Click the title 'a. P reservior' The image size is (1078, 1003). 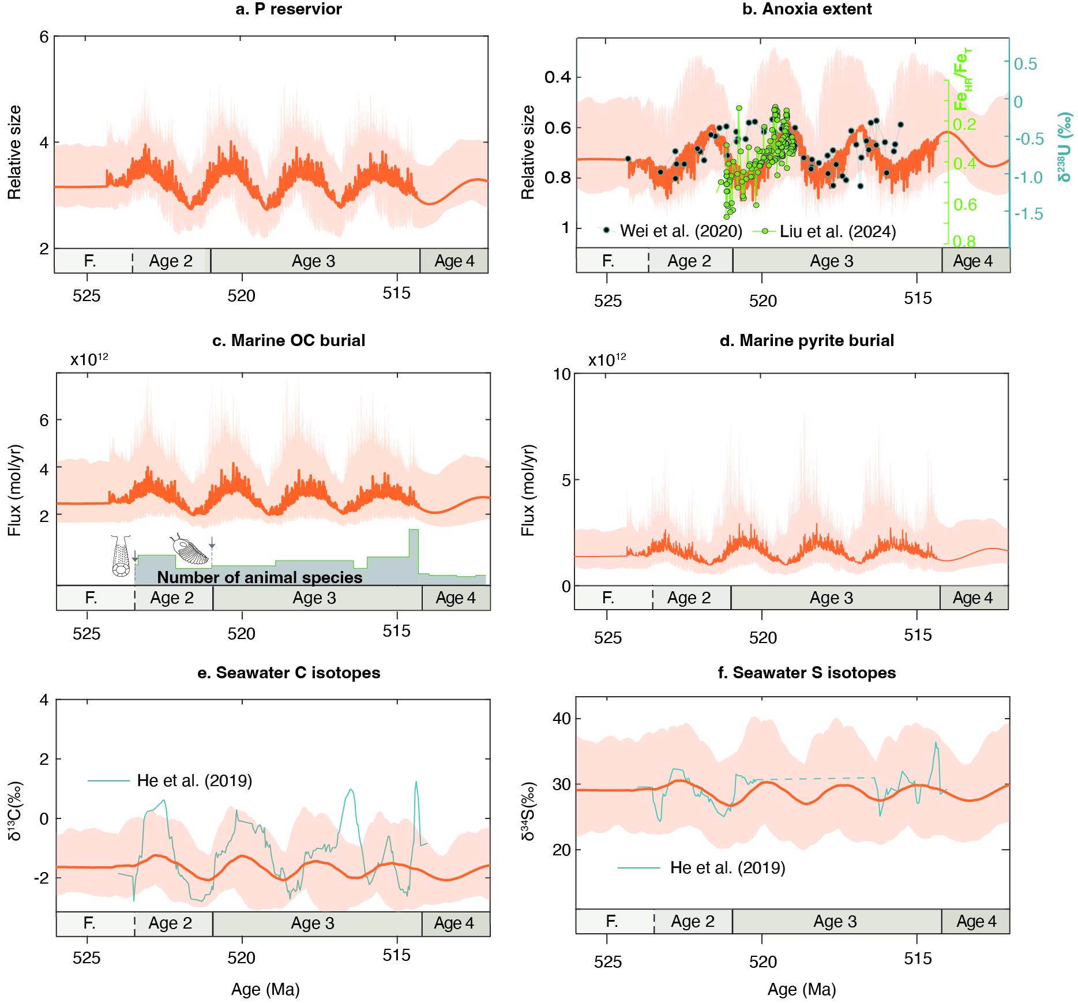pyautogui.click(x=288, y=9)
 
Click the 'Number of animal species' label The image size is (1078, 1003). pyautogui.click(x=260, y=577)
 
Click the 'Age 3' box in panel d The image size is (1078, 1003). pyautogui.click(x=831, y=598)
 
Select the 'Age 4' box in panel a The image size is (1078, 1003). pyautogui.click(x=455, y=261)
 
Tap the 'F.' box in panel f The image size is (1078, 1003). pyautogui.click(x=612, y=921)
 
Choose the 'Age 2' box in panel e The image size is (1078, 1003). pyautogui.click(x=170, y=923)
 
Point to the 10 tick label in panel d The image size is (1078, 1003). pyautogui.click(x=562, y=374)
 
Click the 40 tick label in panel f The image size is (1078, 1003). pyautogui.click(x=562, y=719)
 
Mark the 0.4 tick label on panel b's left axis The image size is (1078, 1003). pyautogui.click(x=558, y=77)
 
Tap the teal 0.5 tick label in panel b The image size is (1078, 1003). pyautogui.click(x=1026, y=64)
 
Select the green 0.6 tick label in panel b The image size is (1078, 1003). pyautogui.click(x=965, y=205)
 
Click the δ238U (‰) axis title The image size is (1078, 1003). pyautogui.click(x=1065, y=147)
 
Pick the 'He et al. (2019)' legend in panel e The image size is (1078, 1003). pyautogui.click(x=194, y=781)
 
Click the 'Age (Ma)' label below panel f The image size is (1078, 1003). pyautogui.click(x=802, y=990)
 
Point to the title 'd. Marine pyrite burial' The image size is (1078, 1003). pyautogui.click(x=807, y=341)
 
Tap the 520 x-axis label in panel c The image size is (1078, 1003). pyautogui.click(x=241, y=634)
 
